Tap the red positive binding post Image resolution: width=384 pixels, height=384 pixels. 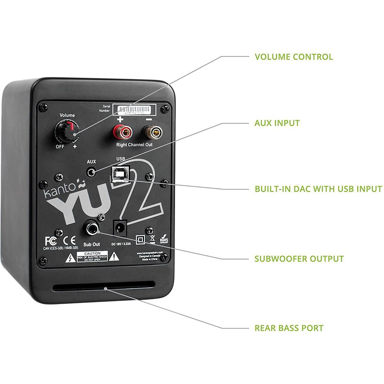click(120, 132)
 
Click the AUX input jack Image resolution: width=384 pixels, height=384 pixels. click(91, 172)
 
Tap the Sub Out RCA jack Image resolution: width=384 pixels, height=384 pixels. click(92, 229)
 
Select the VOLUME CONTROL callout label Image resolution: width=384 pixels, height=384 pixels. click(294, 57)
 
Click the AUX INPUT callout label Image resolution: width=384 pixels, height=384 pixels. click(277, 123)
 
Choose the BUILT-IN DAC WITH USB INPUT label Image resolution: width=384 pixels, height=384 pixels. click(318, 189)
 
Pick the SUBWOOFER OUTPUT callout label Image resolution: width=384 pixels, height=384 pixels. click(299, 258)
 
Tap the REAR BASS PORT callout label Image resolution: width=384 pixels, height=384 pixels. click(289, 328)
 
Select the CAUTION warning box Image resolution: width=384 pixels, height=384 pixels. click(92, 256)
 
